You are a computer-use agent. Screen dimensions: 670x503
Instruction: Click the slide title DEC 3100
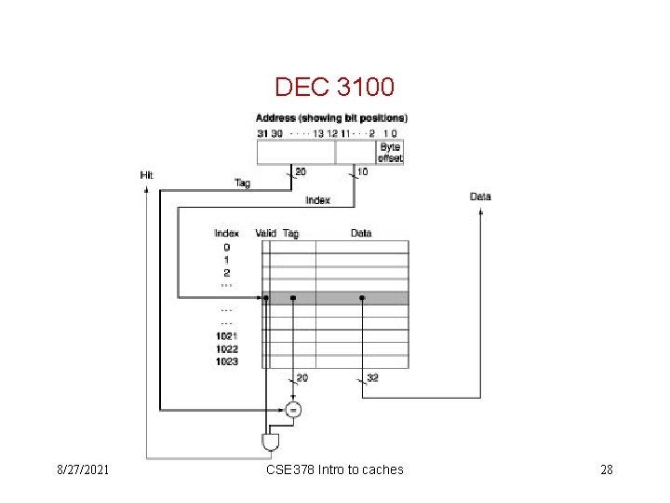(335, 88)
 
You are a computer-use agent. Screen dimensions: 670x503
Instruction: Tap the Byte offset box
(390, 153)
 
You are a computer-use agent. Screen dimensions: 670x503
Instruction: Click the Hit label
(147, 175)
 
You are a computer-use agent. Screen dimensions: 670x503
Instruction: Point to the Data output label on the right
(480, 197)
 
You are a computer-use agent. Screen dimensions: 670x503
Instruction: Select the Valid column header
(266, 233)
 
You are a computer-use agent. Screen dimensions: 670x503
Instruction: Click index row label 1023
(226, 361)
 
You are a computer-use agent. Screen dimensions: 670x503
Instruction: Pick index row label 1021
(226, 335)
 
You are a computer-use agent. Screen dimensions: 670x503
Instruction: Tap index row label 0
(226, 247)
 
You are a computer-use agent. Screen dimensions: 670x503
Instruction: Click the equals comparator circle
(294, 409)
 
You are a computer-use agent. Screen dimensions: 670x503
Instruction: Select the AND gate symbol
(271, 440)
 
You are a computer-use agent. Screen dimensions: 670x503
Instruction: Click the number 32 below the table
(372, 378)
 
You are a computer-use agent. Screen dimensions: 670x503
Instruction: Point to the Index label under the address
(317, 200)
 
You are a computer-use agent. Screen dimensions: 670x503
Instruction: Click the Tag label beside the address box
(242, 183)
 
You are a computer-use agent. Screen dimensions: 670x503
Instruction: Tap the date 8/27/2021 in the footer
(82, 469)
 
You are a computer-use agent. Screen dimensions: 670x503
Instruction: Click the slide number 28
(606, 469)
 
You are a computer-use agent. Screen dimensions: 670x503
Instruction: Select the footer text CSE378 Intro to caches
(334, 469)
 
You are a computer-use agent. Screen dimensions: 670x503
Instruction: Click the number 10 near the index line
(363, 170)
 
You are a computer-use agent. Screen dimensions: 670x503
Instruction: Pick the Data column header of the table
(361, 233)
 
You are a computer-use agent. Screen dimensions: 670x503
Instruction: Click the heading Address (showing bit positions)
(331, 118)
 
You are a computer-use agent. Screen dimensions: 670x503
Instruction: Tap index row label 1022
(226, 348)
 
